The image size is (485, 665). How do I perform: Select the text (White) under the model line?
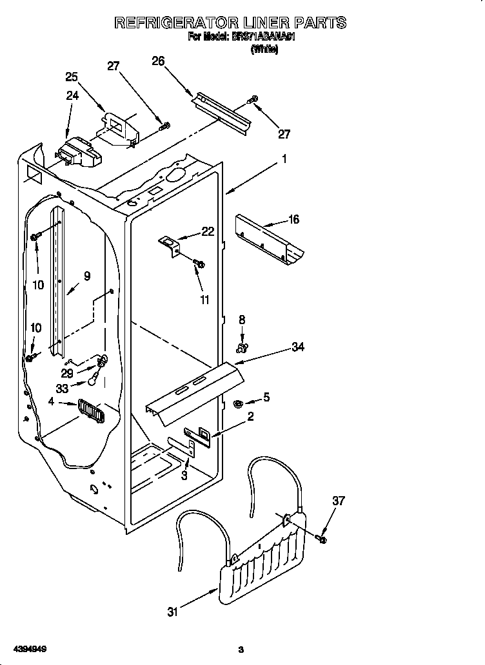click(264, 49)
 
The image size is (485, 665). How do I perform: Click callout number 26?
click(158, 61)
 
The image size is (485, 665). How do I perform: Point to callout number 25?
click(72, 77)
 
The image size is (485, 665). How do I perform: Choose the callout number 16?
click(293, 220)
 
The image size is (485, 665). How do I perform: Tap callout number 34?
click(297, 347)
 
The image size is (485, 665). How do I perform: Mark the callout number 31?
click(172, 612)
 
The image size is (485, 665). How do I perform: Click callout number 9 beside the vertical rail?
click(86, 276)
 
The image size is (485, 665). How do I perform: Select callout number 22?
click(207, 232)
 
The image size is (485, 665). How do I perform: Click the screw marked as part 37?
click(322, 537)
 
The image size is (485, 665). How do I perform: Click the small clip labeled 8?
click(242, 349)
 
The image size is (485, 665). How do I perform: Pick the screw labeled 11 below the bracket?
click(199, 263)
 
